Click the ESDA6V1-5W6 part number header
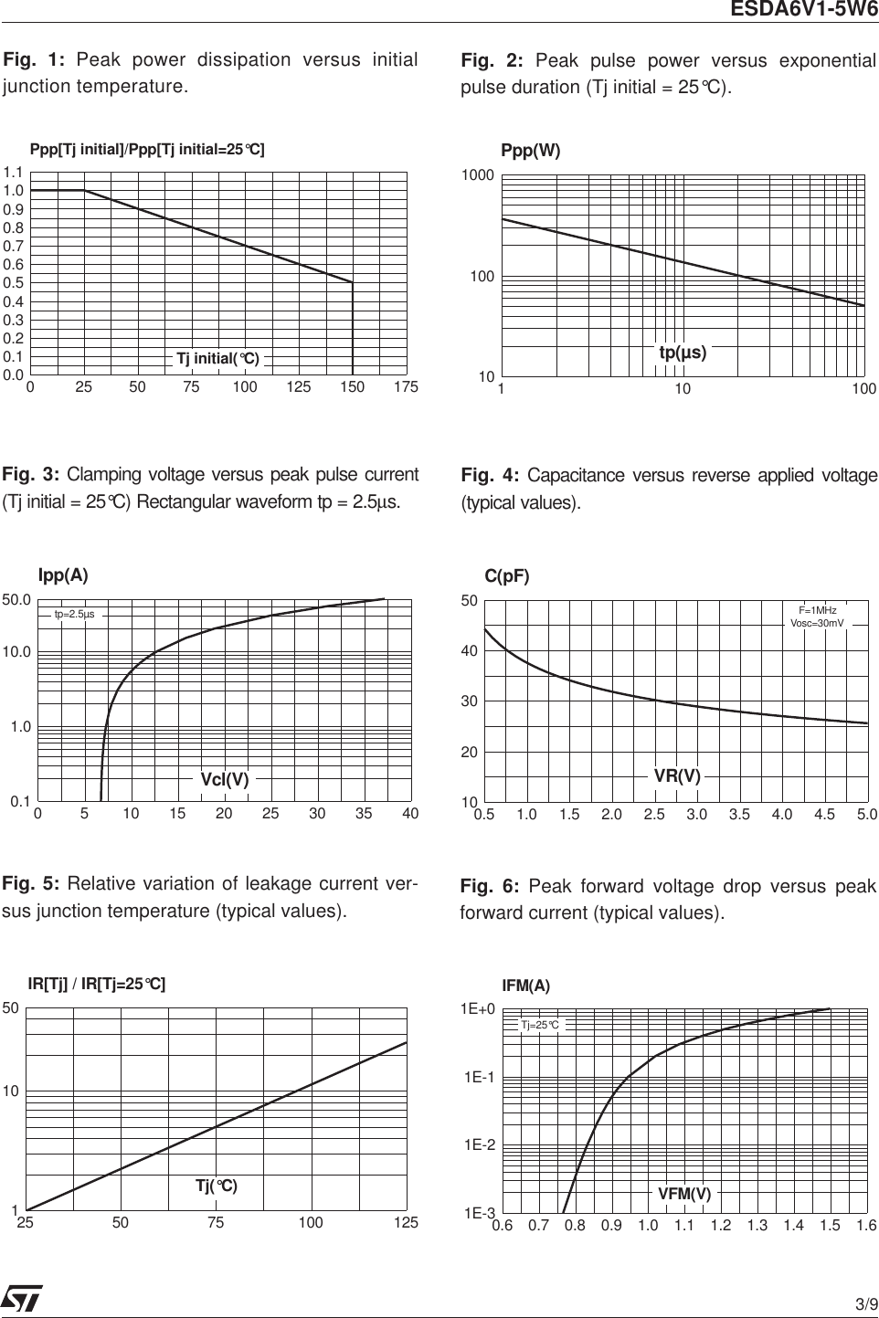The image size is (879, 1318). [x=803, y=10]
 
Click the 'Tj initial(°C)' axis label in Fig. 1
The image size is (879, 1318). [x=217, y=359]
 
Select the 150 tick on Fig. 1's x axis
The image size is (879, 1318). [x=352, y=387]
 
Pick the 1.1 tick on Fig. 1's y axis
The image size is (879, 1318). [x=13, y=173]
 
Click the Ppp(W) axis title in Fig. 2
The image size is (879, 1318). [x=531, y=151]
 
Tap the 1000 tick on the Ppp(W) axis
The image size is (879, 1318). [x=479, y=175]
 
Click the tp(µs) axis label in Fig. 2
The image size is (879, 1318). [x=683, y=353]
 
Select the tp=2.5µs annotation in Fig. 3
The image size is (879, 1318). [x=74, y=615]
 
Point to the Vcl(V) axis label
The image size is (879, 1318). [x=225, y=780]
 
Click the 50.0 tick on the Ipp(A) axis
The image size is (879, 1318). [x=16, y=601]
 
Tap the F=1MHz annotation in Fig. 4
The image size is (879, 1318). [x=817, y=610]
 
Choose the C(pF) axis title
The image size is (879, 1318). [x=507, y=576]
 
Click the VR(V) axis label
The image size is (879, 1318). [x=677, y=776]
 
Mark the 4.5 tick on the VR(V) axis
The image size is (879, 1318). [x=824, y=815]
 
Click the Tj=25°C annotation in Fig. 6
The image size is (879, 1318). [x=539, y=1026]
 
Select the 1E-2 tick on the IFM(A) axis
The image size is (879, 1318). [x=479, y=1145]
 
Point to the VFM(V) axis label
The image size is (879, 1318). [x=684, y=1194]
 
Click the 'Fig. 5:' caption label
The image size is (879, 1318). [x=31, y=884]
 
